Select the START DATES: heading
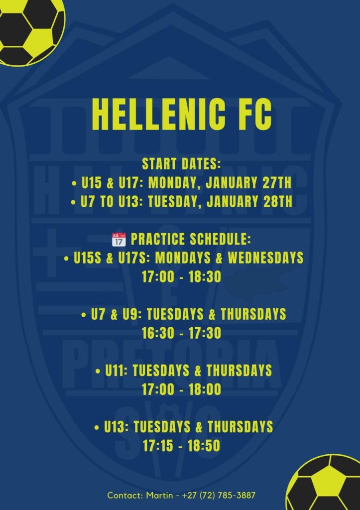pos(181,163)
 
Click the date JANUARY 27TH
pos(249,182)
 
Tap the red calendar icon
pos(119,240)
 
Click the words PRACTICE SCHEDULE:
pos(191,239)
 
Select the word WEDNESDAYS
pos(265,258)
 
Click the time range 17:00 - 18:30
pos(181,277)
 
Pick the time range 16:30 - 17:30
pos(181,333)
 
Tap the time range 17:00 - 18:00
pos(181,389)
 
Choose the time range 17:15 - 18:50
pos(181,446)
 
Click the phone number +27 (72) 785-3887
pos(219,496)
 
